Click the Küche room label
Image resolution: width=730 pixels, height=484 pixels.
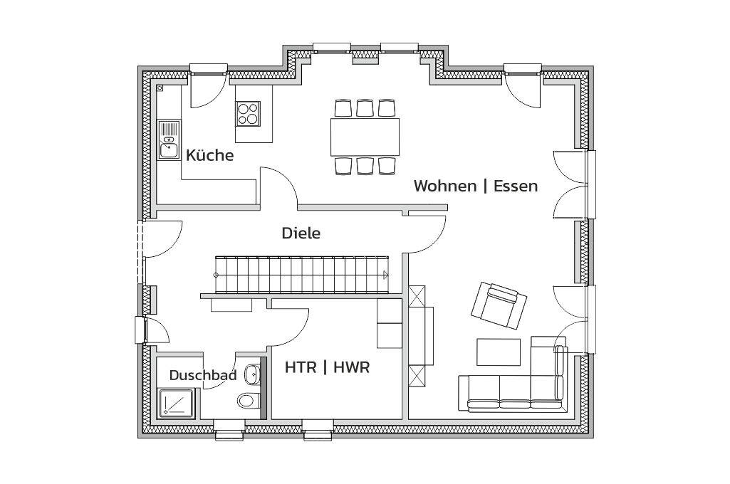(209, 155)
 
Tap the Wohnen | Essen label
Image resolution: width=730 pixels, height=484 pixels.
(476, 186)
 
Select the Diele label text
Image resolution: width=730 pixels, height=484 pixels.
(301, 233)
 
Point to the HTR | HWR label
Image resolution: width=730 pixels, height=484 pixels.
(327, 368)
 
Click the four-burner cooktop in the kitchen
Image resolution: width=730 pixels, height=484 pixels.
(249, 113)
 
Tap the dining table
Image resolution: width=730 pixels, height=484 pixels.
(365, 137)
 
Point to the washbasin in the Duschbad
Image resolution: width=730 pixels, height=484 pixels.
(253, 374)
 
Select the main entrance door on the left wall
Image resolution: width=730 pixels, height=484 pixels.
(161, 239)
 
